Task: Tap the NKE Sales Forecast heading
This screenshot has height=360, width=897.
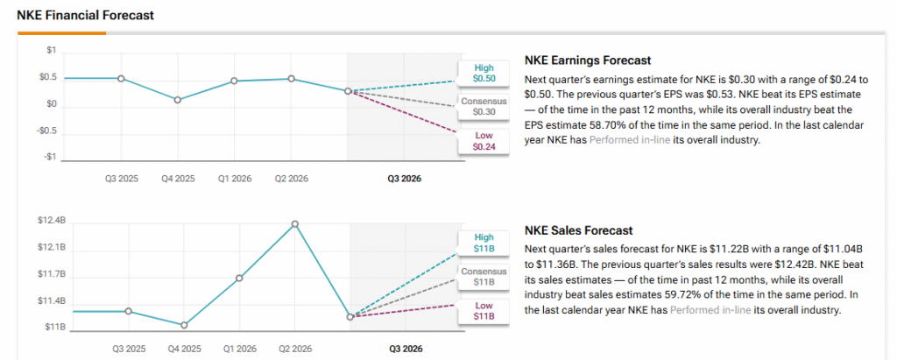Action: click(x=577, y=231)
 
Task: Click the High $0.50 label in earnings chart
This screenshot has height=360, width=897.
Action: click(x=484, y=73)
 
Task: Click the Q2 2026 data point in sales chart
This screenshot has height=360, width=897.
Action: click(x=295, y=224)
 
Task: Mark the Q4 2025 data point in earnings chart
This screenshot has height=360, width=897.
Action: click(x=178, y=100)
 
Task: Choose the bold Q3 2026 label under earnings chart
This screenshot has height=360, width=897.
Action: click(x=405, y=178)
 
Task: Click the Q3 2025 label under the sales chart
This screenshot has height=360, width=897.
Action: click(x=129, y=349)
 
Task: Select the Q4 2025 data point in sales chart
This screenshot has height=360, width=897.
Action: click(x=184, y=325)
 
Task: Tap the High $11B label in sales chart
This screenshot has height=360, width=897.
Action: click(x=484, y=243)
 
